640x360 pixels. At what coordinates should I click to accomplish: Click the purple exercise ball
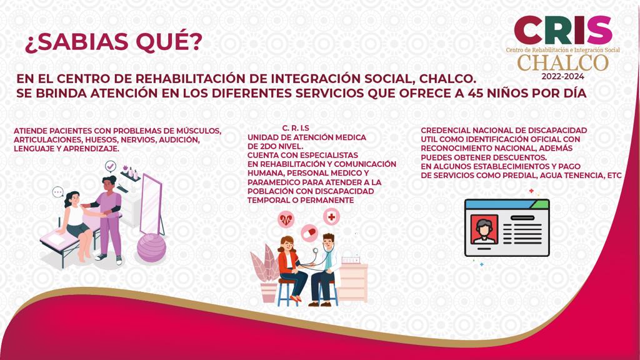[151, 247]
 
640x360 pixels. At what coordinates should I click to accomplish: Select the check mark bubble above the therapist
[111, 166]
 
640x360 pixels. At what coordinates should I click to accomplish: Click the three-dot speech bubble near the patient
[58, 192]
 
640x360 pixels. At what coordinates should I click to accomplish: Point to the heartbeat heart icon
[286, 219]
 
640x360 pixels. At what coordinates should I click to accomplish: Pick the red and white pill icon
[309, 232]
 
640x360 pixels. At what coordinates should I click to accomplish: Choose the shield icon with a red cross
[331, 217]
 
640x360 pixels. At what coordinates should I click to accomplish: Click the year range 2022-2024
[562, 76]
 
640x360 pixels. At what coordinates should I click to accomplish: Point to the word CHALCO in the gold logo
[562, 62]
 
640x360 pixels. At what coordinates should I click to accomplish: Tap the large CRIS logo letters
[562, 30]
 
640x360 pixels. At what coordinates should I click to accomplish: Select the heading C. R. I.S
[296, 128]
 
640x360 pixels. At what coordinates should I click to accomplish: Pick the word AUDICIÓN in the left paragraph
[179, 140]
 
